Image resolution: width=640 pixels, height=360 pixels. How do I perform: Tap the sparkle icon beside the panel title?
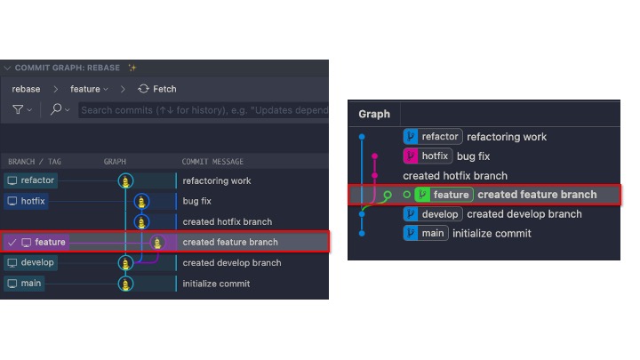click(132, 68)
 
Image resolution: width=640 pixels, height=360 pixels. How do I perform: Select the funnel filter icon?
click(18, 109)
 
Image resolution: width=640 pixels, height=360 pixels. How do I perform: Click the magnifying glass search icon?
click(55, 109)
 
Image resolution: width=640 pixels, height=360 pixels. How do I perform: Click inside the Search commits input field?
click(196, 109)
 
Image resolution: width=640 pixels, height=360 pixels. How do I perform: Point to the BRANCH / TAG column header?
click(34, 162)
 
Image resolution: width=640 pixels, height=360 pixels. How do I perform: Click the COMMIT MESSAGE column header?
click(212, 162)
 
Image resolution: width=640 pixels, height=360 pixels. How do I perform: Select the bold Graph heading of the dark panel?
click(374, 114)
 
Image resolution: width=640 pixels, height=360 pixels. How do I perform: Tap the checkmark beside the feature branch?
click(11, 242)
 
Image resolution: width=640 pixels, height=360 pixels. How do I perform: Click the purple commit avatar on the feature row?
click(158, 242)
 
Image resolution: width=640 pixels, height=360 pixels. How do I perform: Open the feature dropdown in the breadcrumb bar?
click(89, 89)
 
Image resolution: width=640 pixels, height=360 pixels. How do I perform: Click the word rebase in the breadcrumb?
click(26, 89)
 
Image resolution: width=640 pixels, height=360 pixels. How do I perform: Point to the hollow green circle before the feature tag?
click(407, 195)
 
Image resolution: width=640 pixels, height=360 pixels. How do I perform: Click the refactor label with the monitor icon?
click(32, 180)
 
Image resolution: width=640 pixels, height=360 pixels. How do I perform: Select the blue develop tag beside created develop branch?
click(432, 214)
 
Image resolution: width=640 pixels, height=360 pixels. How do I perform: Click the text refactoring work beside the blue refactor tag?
click(507, 137)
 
